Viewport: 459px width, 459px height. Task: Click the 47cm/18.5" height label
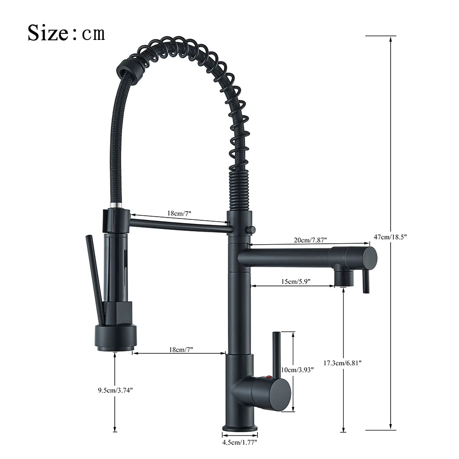(390, 237)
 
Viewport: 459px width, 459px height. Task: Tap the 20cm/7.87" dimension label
(310, 240)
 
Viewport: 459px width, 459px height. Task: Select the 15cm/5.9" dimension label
(296, 281)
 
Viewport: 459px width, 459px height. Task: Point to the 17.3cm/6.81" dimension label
(342, 363)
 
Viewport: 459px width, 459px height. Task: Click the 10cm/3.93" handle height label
(297, 369)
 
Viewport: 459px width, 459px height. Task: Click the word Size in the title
(48, 33)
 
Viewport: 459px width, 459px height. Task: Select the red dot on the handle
(267, 378)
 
